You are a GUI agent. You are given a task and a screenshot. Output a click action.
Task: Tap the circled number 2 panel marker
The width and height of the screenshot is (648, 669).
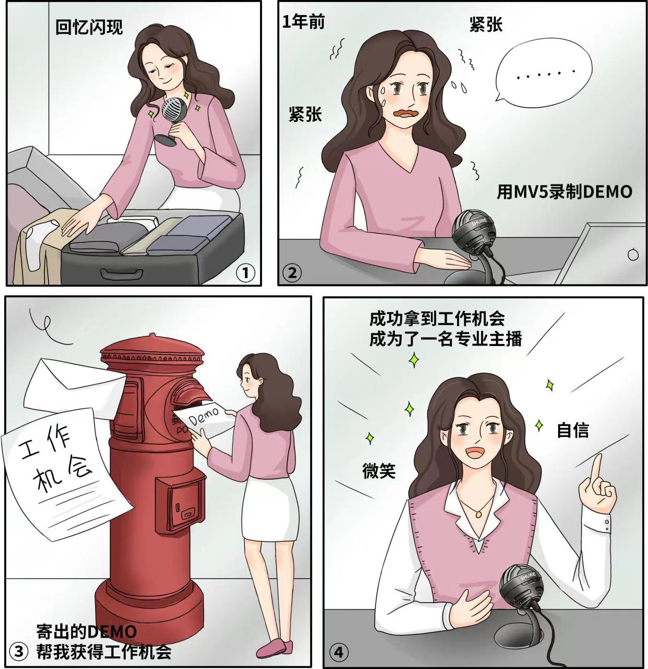(292, 272)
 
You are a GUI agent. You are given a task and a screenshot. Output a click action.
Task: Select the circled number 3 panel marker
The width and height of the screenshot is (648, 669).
(19, 651)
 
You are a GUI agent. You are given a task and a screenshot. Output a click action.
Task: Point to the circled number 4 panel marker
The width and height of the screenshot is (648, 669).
(338, 652)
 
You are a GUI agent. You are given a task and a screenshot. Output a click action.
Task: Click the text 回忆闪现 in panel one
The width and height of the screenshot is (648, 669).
(89, 27)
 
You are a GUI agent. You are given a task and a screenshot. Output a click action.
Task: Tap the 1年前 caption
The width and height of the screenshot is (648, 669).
(303, 21)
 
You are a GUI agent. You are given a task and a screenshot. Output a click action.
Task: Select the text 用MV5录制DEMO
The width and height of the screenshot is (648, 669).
(564, 192)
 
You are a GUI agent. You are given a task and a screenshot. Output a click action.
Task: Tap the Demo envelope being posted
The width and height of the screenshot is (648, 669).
(206, 419)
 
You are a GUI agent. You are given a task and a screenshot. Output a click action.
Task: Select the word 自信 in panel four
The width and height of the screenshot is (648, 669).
(572, 430)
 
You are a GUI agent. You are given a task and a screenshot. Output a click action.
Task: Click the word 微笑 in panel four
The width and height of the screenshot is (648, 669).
(379, 471)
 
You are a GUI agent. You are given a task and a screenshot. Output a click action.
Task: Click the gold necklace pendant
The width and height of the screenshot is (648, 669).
(478, 514)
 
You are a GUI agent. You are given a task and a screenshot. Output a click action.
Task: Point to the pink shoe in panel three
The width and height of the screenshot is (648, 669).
(275, 647)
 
